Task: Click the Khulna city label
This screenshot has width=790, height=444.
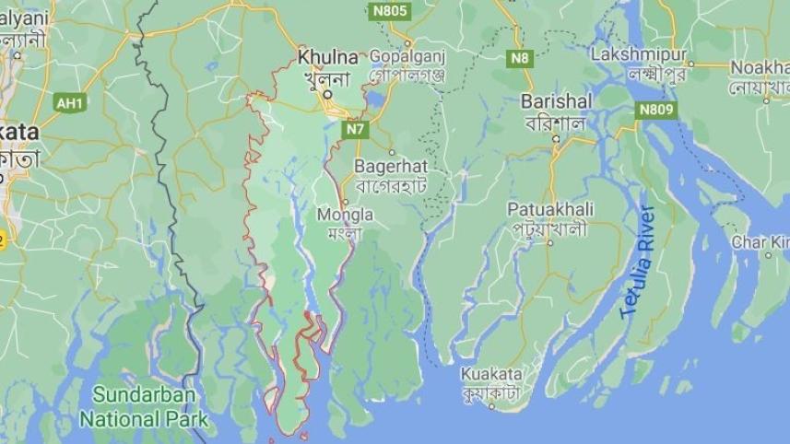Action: (x=326, y=57)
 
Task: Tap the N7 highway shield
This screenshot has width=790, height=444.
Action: (x=356, y=130)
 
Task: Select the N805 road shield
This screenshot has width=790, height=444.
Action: (x=390, y=11)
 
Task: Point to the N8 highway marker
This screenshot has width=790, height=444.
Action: (x=521, y=59)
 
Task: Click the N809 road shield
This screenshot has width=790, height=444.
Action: (x=656, y=111)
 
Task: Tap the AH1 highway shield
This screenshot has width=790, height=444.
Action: (x=70, y=103)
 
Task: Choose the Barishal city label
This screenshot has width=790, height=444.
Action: (x=555, y=100)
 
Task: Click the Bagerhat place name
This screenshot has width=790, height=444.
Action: (x=391, y=167)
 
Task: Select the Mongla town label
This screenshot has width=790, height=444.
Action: (x=345, y=215)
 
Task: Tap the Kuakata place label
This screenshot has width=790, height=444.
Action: (x=492, y=374)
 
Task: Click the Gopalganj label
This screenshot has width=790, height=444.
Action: (x=407, y=55)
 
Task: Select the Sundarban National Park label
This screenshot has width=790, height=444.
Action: (x=143, y=406)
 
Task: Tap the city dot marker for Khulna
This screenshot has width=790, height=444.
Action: (x=326, y=92)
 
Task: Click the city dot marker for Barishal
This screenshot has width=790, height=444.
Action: (x=556, y=139)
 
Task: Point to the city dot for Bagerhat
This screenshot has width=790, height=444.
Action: (x=391, y=152)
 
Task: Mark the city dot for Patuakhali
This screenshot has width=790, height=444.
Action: (x=550, y=243)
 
